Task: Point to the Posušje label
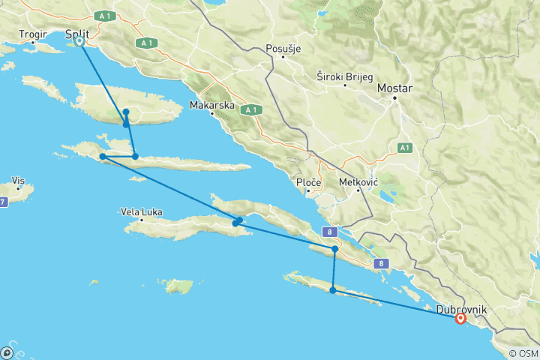pos(283,49)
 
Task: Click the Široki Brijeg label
pos(343,76)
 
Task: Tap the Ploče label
pos(309,182)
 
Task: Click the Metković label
pos(358,182)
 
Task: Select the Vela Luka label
pos(141,211)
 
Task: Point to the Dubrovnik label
pos(461,309)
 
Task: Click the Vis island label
pos(19,181)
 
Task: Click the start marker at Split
pos(79,42)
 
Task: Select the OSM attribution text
pos(523,353)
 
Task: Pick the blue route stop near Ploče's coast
pos(334,248)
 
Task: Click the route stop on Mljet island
pos(332,289)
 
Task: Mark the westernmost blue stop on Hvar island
pos(103,157)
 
